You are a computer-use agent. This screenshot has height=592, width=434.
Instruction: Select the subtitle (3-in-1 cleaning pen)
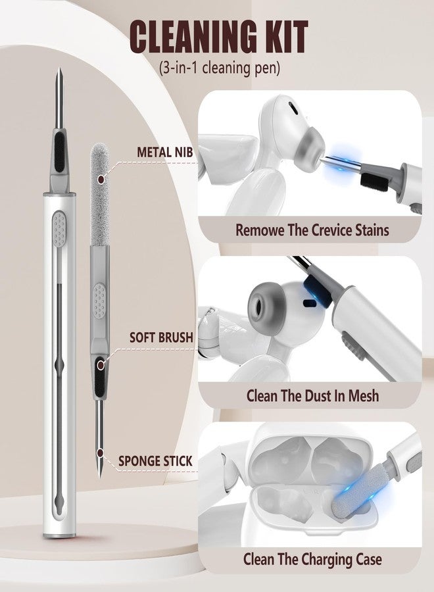pos(219,68)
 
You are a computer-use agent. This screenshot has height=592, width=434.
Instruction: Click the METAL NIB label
pos(164,152)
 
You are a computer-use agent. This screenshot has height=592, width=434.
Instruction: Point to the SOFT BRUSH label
pos(161,337)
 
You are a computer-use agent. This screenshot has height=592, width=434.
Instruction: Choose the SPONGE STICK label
pos(155,461)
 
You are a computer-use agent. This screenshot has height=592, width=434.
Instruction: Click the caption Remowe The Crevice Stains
pos(312,230)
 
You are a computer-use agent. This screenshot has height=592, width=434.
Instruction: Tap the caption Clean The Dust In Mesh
pos(312,396)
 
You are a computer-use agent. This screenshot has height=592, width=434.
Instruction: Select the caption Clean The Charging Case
pos(312,559)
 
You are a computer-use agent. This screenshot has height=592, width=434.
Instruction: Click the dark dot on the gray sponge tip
pos(101,180)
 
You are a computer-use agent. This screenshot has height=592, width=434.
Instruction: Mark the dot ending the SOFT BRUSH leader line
pos(101,365)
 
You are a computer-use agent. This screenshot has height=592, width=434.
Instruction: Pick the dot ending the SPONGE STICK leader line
pos(100,453)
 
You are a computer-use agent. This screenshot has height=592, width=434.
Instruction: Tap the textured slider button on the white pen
pos(59,228)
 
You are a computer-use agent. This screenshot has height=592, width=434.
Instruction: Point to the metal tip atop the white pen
pos(60,98)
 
